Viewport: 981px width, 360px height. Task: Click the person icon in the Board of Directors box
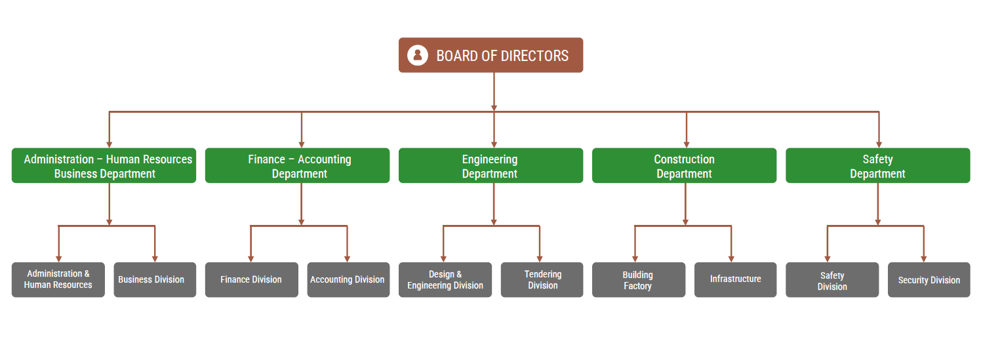[x=418, y=55]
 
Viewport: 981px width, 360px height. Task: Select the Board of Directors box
[x=490, y=55]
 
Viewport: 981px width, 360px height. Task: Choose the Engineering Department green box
[x=490, y=166]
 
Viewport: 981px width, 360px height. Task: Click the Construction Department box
[x=684, y=166]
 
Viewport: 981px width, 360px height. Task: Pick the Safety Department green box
[x=877, y=166]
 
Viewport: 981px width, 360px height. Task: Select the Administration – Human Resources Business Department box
[x=104, y=166]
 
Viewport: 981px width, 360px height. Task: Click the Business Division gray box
[x=155, y=280]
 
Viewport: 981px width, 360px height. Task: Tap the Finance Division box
[x=251, y=280]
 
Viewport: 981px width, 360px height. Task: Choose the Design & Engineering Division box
[x=445, y=280]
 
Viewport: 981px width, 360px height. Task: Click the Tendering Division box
[x=542, y=280]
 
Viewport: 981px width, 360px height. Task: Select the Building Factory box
[x=638, y=280]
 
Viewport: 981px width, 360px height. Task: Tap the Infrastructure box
[x=735, y=280]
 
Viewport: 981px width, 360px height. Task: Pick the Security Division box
[x=929, y=280]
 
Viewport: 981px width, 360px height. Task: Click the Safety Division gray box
[x=831, y=280]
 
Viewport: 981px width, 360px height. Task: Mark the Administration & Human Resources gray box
[x=58, y=280]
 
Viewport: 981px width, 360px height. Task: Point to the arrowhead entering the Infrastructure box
[x=731, y=259]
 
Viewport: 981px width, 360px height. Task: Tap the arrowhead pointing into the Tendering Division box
[x=540, y=259]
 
